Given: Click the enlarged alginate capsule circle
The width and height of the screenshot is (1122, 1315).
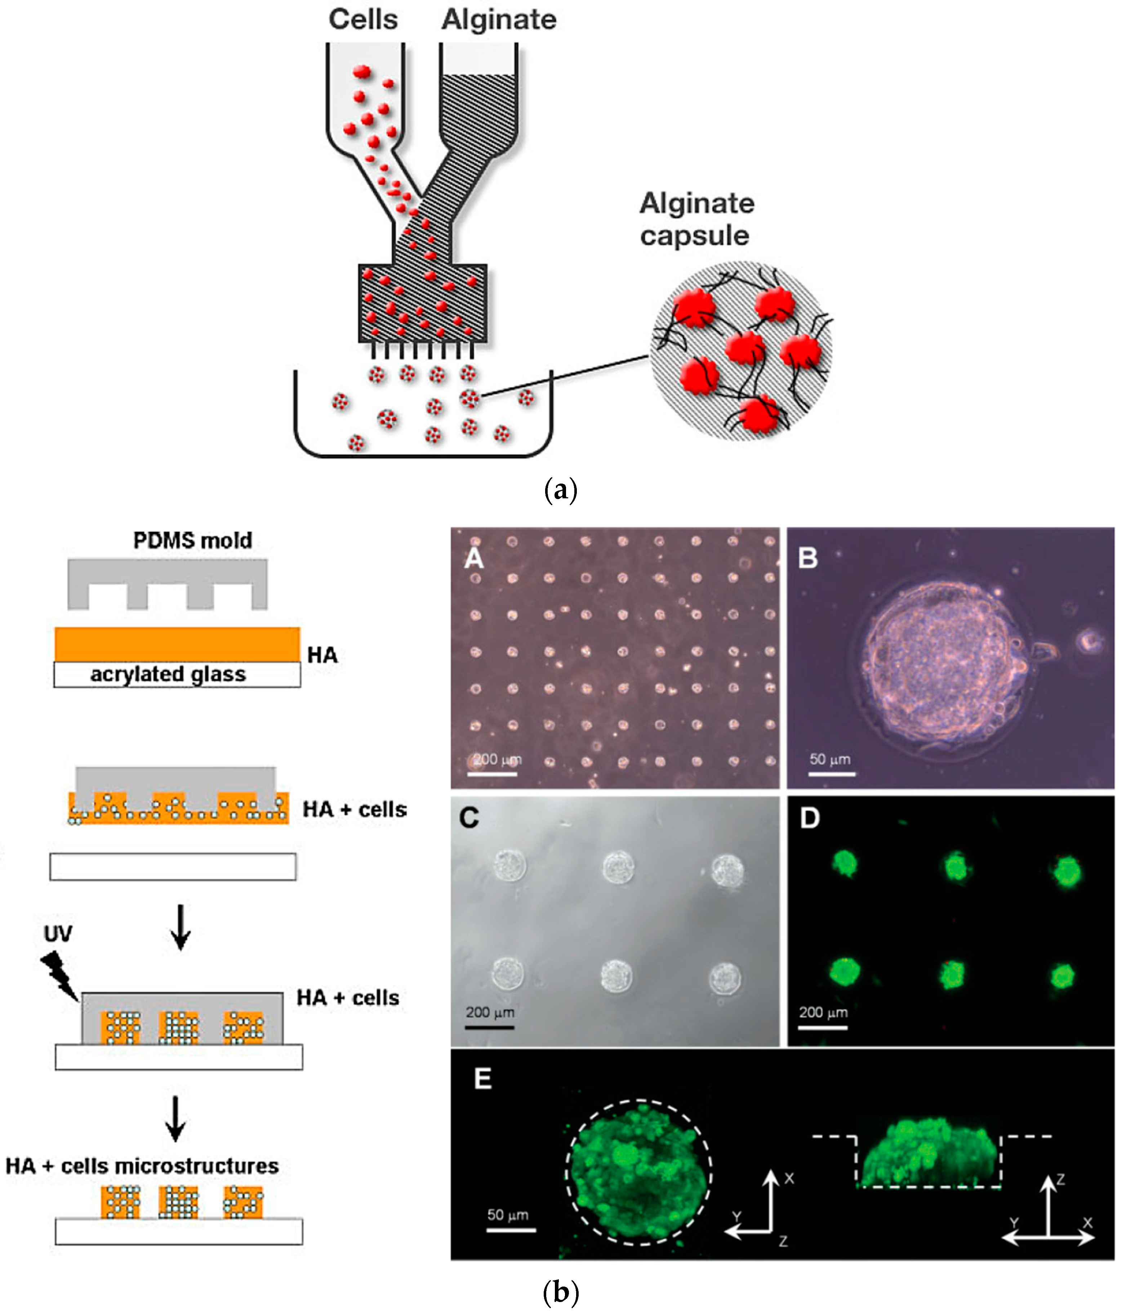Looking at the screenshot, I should pos(742,351).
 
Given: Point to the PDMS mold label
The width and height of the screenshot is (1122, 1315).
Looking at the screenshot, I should pos(192,541).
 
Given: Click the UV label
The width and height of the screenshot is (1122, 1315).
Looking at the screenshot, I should pos(58,934).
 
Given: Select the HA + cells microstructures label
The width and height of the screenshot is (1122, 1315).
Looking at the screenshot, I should pos(142,1166).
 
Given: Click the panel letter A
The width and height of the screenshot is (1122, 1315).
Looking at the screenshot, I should pos(474,558).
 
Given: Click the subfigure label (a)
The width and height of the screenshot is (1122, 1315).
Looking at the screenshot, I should pos(561,490).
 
